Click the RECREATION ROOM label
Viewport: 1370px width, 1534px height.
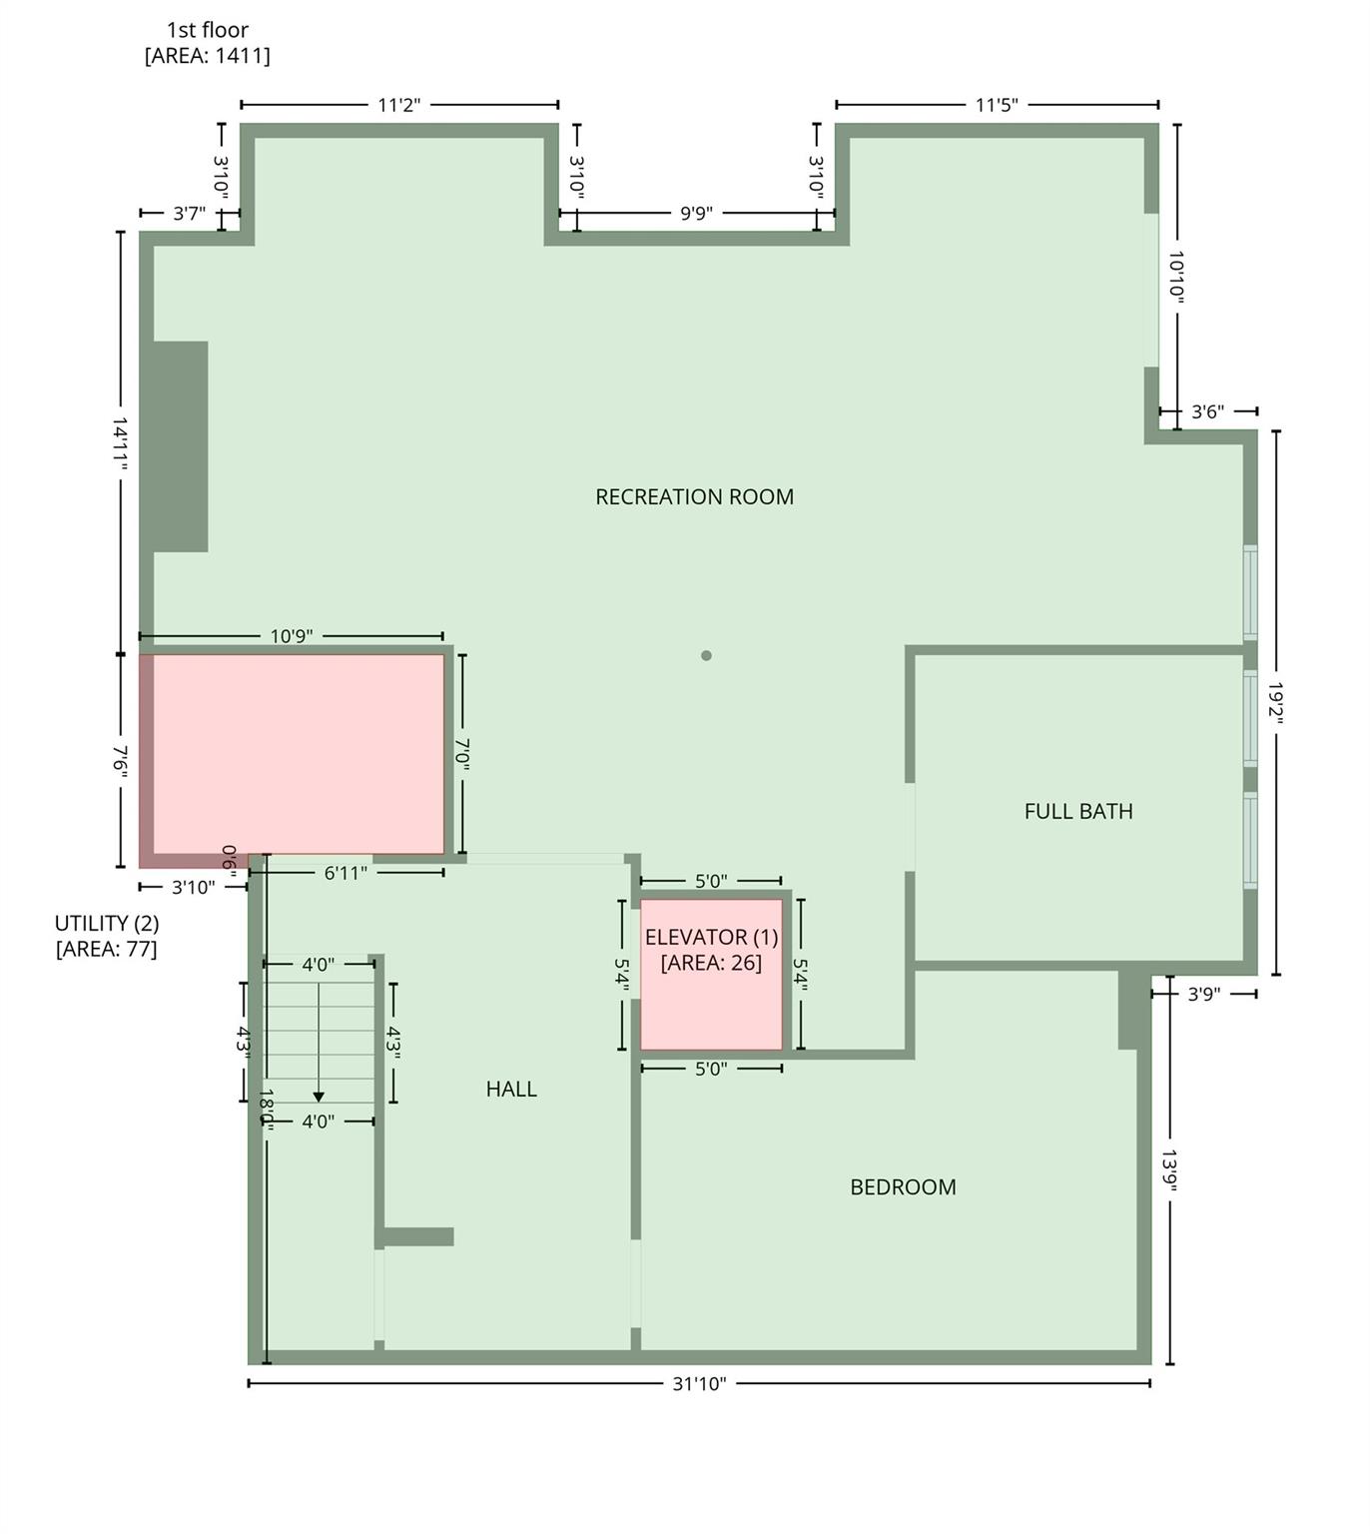pos(694,496)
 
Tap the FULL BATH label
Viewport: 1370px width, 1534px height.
pos(1078,811)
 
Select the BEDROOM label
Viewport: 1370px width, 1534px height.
pos(903,1186)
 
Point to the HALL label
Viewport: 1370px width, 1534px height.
pos(511,1089)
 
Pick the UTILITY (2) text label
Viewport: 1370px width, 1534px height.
pos(106,924)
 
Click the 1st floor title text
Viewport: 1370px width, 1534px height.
pos(208,30)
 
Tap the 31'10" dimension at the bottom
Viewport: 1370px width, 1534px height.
pos(699,1383)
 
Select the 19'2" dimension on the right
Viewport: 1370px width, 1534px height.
pos(1275,703)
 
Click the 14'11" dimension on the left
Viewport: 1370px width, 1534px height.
pos(121,443)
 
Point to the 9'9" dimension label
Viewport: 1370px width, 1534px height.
pos(696,213)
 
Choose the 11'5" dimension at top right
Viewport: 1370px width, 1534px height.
pos(997,105)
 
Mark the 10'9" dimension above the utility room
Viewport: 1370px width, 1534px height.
pos(292,636)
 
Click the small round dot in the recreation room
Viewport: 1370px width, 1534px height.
pos(706,656)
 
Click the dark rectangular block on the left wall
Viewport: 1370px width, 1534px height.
pos(181,446)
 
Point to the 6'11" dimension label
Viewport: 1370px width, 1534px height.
pos(345,873)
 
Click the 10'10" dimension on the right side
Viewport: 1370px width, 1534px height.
pos(1176,277)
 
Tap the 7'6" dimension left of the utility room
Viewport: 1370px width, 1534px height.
pos(121,760)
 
